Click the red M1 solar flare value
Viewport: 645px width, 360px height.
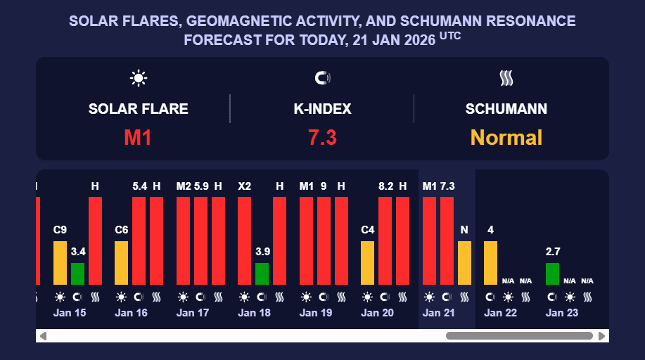point(138,137)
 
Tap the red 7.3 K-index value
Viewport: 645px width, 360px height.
point(322,137)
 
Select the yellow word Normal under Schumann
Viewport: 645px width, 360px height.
point(506,137)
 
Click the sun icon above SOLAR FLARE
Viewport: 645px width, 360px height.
point(138,78)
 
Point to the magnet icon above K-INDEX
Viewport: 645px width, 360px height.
point(322,78)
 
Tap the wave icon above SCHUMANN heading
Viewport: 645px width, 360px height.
point(506,78)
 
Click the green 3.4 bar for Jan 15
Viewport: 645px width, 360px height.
point(77,274)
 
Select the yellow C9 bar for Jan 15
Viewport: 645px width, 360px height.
point(60,262)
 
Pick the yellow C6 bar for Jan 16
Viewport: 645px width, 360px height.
point(122,262)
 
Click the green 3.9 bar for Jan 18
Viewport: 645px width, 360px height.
point(262,274)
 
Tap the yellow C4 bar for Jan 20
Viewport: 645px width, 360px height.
point(367,262)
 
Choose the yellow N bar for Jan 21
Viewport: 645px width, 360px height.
point(464,262)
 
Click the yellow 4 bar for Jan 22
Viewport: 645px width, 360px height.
point(490,262)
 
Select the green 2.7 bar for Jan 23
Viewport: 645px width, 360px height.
point(552,274)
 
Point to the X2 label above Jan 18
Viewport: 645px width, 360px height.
point(244,186)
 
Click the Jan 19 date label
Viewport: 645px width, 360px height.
point(316,313)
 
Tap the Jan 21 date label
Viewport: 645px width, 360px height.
point(439,313)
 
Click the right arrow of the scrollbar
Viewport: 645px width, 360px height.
point(601,336)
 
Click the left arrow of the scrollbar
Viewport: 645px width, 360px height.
point(43,336)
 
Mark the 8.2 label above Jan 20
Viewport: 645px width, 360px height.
point(385,186)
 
